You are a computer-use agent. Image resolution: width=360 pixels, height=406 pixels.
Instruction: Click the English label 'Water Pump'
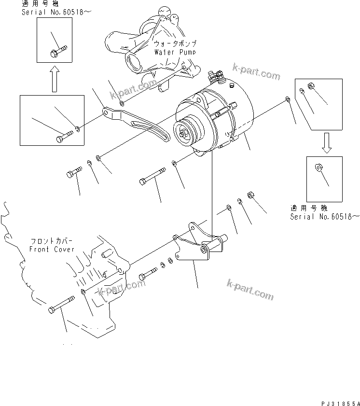175,52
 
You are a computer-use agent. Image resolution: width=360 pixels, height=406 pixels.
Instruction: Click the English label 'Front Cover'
52,249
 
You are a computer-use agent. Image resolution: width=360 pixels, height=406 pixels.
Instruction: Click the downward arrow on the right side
326,143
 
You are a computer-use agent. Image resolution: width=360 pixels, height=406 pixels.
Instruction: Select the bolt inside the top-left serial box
57,50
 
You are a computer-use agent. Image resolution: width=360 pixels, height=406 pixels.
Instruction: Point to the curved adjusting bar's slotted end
164,136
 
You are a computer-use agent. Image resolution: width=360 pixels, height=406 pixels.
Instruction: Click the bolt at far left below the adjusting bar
74,172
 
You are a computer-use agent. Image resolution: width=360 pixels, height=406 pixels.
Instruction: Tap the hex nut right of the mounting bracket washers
251,195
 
